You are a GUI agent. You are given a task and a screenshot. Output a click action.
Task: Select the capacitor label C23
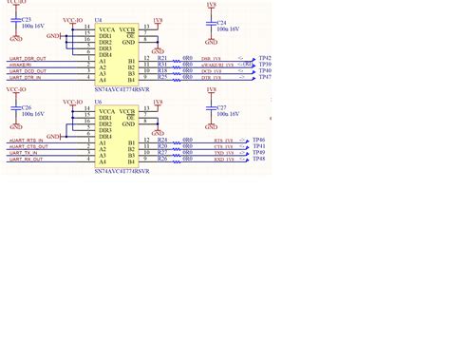coord(26,20)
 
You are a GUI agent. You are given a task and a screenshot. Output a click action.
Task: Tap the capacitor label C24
coord(221,21)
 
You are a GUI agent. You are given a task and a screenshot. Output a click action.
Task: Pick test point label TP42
coord(265,58)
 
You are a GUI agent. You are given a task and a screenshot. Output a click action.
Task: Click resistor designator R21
coord(163,70)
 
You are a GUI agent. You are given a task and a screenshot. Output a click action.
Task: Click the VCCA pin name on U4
coord(105,30)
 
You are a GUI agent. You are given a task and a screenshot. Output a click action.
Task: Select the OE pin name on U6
coord(137,118)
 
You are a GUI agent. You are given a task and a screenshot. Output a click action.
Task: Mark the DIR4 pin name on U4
coord(104,54)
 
